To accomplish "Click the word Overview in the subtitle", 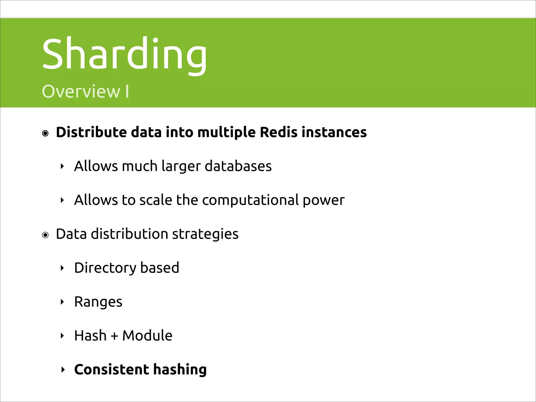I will (x=81, y=92).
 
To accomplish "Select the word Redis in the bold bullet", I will (x=278, y=132).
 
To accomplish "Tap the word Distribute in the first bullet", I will (x=91, y=132).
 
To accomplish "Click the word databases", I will (x=238, y=166).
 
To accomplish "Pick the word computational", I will (x=250, y=200).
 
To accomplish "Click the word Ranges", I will (x=98, y=302).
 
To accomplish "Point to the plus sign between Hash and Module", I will (x=114, y=336).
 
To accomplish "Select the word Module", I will (x=147, y=335).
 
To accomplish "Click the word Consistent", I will (x=111, y=369).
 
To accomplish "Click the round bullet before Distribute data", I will (x=46, y=133).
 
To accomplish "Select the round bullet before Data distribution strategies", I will (x=46, y=235).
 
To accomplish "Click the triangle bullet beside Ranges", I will (x=62, y=302).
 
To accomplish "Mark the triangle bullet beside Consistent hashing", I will (x=63, y=370).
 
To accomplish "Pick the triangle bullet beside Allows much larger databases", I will (x=62, y=166).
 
